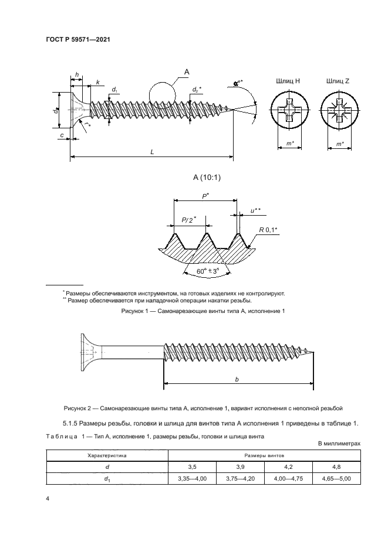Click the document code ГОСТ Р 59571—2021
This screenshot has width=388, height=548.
78,39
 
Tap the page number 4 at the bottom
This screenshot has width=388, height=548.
48,498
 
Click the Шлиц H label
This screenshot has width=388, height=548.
287,81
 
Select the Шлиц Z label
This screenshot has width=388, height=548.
338,81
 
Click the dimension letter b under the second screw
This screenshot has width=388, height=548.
236,380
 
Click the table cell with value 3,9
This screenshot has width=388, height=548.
241,467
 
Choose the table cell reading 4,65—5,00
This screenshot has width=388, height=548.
338,479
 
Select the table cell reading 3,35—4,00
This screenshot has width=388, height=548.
192,479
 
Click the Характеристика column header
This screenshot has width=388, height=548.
107,454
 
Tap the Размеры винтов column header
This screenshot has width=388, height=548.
265,454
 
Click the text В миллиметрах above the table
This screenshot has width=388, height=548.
340,444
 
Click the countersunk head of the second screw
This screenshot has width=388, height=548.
88,352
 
